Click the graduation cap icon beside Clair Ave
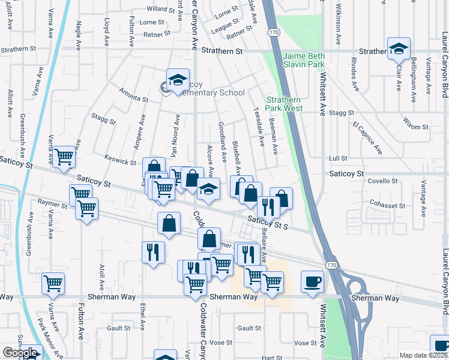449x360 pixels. tap(399, 50)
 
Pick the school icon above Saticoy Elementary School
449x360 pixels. tap(178, 80)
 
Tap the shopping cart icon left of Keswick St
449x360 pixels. tap(64, 158)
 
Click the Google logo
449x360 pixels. tap(19, 353)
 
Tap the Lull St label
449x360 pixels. tap(339, 158)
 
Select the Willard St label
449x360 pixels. tap(160, 10)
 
